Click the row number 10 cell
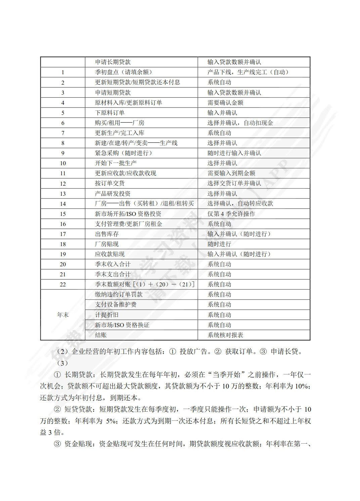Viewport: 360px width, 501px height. click(63, 163)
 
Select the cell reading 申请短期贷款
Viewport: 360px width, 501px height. click(113, 93)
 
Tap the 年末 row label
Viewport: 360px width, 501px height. click(63, 315)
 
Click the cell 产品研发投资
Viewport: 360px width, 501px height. click(113, 194)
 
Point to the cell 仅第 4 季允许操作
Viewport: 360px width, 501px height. click(231, 214)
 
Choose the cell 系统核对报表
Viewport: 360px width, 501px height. click(225, 335)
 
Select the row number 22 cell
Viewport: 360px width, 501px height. click(63, 284)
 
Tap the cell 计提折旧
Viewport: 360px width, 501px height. click(107, 315)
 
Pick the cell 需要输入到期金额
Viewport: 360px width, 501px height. click(231, 173)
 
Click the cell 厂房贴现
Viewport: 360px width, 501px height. click(107, 244)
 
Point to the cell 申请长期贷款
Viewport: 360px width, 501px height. click(113, 62)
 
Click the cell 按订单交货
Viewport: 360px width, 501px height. click(110, 183)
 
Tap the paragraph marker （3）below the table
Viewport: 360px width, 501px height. click(62, 363)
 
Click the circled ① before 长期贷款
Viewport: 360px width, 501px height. click(57, 375)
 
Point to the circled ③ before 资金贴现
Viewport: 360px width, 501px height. click(57, 444)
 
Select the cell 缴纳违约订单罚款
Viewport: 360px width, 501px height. click(119, 294)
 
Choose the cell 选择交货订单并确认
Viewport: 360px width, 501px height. click(234, 183)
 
